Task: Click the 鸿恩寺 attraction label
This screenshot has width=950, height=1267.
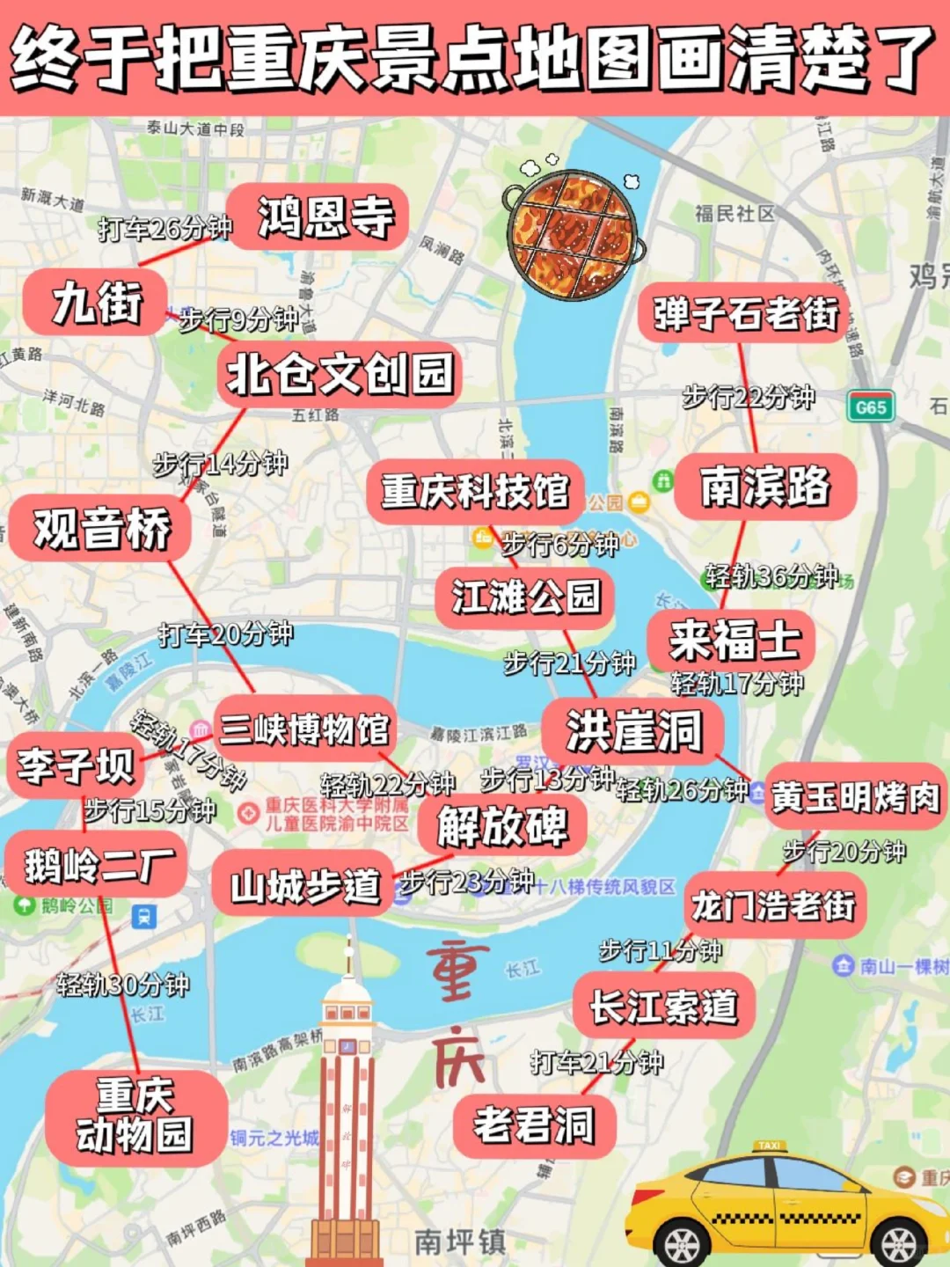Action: click(x=325, y=217)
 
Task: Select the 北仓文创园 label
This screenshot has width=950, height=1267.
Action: click(x=340, y=374)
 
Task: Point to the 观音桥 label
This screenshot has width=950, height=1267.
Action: click(x=101, y=529)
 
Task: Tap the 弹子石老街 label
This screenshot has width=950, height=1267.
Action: click(x=745, y=313)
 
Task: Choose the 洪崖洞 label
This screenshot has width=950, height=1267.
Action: click(x=633, y=730)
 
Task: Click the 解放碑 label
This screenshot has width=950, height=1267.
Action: click(x=502, y=826)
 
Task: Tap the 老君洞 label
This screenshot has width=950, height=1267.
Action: click(x=534, y=1125)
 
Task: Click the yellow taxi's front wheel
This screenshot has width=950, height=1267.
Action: click(x=682, y=1243)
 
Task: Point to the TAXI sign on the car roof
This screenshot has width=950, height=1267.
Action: click(x=769, y=1146)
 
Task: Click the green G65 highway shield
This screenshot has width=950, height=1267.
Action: click(x=870, y=407)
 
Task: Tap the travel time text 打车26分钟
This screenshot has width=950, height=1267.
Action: click(x=164, y=229)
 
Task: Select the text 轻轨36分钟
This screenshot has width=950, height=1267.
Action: click(x=771, y=576)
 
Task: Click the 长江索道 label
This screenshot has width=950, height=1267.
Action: click(x=663, y=1007)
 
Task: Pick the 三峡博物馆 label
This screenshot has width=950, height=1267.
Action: click(x=304, y=729)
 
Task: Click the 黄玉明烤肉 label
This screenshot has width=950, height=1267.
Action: click(x=855, y=797)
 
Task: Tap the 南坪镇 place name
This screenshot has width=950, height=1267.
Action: click(x=459, y=1241)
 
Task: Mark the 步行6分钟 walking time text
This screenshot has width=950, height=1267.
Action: click(x=560, y=546)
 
